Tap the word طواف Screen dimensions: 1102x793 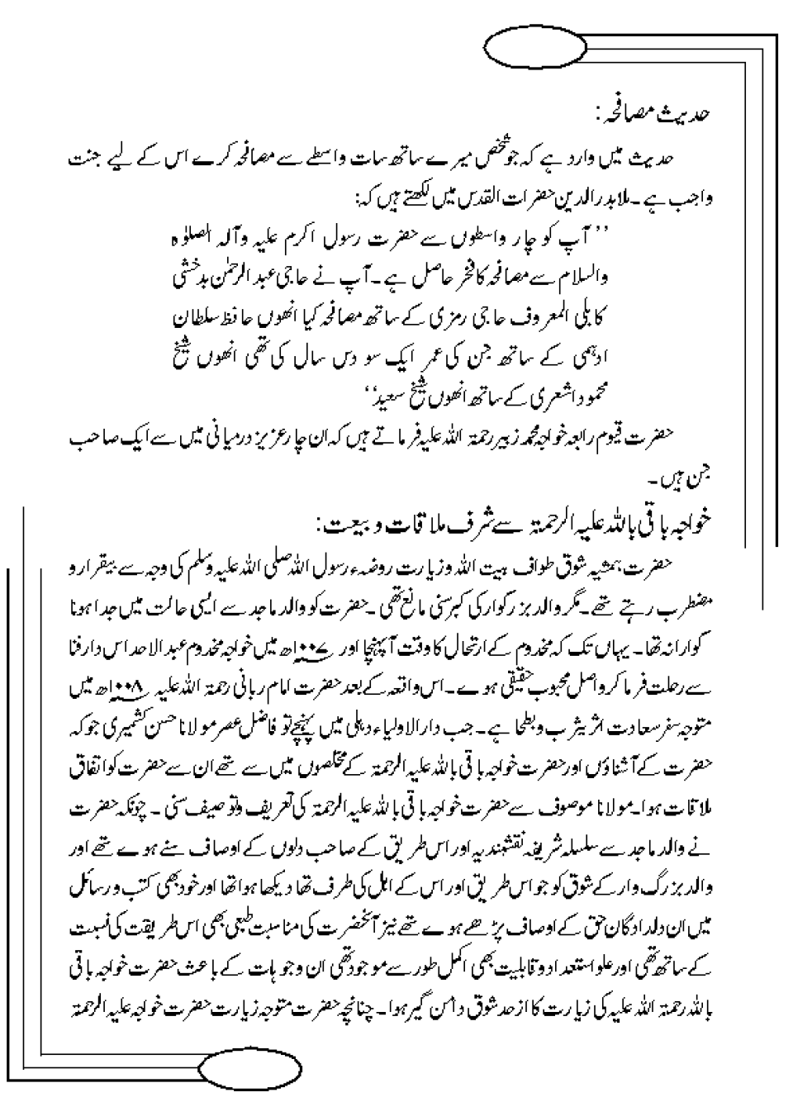pos(548,568)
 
